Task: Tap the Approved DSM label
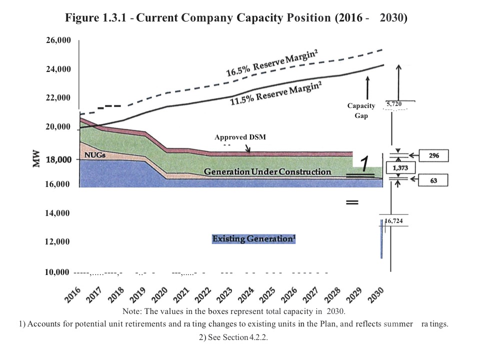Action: (x=244, y=137)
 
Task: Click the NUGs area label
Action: (x=94, y=155)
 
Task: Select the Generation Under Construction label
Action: (x=267, y=172)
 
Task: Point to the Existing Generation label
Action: (x=253, y=238)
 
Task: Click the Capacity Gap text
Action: (x=361, y=110)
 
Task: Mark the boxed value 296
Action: (x=433, y=156)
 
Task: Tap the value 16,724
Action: (x=394, y=220)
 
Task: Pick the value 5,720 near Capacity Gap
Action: (x=393, y=103)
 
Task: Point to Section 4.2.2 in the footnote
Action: (x=238, y=337)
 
